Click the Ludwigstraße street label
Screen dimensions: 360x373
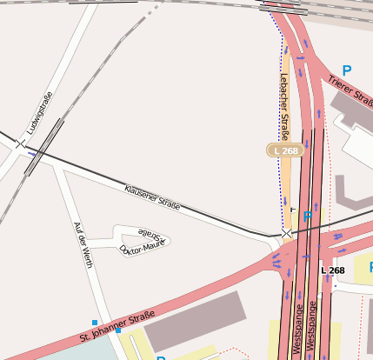pos(40,114)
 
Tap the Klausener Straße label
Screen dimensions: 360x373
pos(152,197)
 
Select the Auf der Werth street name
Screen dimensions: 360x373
pos(83,245)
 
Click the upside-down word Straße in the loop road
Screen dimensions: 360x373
pos(150,235)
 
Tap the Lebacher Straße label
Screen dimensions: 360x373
pos(283,105)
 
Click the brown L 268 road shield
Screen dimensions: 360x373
pos(284,150)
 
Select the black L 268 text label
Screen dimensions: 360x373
pos(333,270)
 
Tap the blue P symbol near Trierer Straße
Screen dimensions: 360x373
pos(347,70)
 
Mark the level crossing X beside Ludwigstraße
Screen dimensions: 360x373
pos(20,143)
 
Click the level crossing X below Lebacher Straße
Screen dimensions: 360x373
pos(287,234)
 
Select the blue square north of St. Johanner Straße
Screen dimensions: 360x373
pos(95,322)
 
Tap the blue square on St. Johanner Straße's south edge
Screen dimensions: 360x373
pos(118,330)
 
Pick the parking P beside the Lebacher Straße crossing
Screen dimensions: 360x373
pos(307,215)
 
